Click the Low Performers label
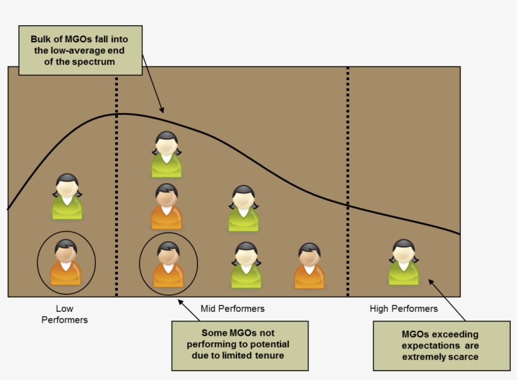pos(64,314)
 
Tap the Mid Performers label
pos(233,309)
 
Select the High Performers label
pos(404,309)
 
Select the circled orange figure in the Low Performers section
pos(66,263)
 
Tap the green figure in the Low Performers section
pos(67,197)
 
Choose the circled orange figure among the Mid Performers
pos(168,264)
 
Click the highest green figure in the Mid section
pos(166,155)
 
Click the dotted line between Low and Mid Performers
pos(117,189)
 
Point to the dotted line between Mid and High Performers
pos(348,189)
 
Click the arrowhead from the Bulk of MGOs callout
pos(162,110)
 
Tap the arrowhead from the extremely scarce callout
pos(431,282)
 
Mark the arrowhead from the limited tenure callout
pos(180,302)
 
